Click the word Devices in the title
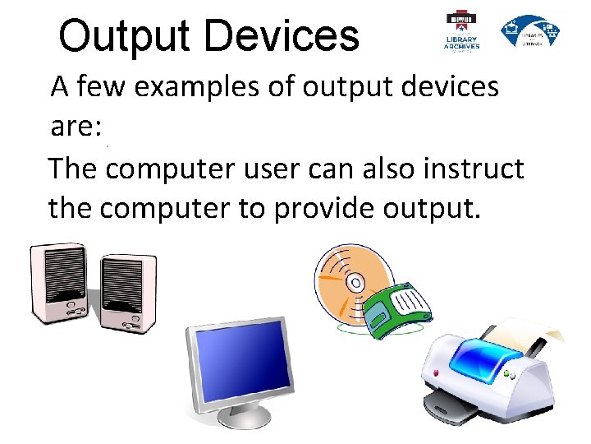(x=282, y=36)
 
